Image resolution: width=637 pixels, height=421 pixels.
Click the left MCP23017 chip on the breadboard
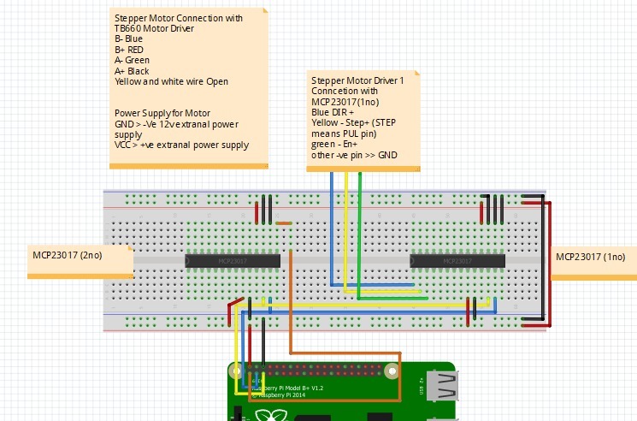coord(233,260)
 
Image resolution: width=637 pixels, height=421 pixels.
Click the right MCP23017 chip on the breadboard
coord(457,260)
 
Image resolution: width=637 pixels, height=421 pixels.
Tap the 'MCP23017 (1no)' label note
coord(591,257)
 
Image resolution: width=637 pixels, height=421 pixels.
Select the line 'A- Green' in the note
coord(133,61)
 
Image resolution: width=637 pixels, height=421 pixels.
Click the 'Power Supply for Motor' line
coord(162,113)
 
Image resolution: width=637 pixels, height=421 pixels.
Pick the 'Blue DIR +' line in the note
coord(333,111)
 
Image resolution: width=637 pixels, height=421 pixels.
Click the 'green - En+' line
coord(335,145)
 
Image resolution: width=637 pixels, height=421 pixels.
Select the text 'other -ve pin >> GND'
coord(354,156)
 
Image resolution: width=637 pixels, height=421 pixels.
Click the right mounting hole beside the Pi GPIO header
coord(392,372)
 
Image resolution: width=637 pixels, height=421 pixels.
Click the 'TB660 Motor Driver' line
coord(156,28)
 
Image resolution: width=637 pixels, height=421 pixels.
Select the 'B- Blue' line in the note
coord(129,39)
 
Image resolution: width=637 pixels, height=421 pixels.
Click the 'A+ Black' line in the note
coord(133,72)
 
